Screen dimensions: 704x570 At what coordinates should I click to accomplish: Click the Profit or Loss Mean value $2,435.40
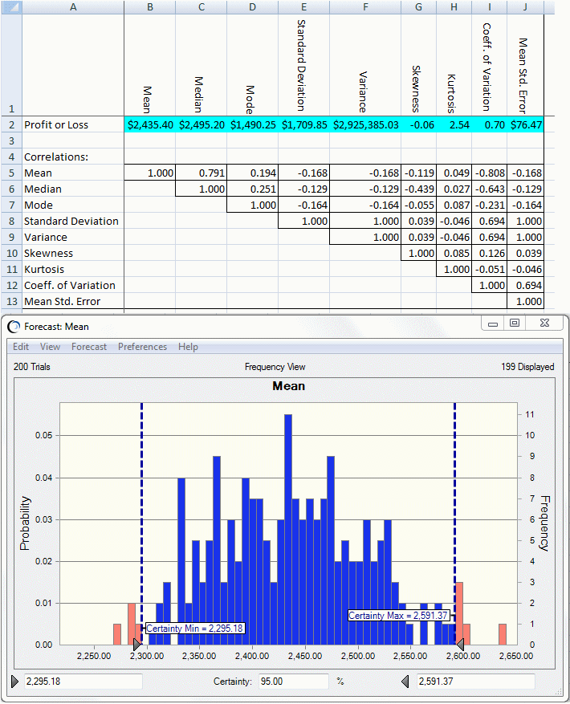[x=150, y=125]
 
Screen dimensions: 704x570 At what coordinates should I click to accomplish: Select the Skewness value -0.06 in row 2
[x=420, y=125]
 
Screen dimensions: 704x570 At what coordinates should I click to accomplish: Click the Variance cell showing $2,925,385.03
[x=365, y=125]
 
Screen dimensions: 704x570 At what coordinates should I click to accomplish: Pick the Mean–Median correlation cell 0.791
[x=202, y=173]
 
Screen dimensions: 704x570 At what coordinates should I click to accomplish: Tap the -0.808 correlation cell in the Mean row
[x=489, y=173]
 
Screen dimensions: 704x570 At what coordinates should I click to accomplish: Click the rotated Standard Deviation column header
[x=300, y=64]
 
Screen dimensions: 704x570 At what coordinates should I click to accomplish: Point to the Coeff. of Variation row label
[x=70, y=286]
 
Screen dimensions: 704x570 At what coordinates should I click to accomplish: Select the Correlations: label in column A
[x=56, y=157]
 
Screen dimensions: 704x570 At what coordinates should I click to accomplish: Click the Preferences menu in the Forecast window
[x=142, y=347]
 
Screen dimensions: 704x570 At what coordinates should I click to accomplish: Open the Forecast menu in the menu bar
[x=89, y=347]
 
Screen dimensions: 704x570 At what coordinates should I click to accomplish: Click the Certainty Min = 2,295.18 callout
[x=195, y=628]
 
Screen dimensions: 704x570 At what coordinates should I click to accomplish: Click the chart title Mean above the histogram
[x=289, y=386]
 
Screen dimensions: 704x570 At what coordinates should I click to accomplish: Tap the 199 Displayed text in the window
[x=527, y=367]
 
